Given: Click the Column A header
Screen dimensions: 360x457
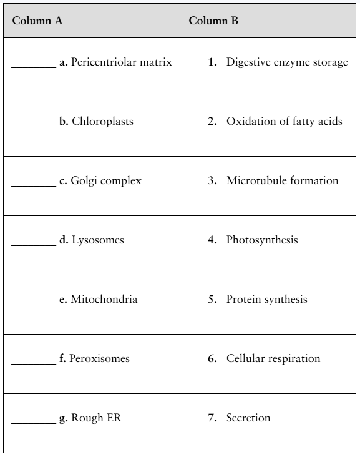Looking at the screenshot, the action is (37, 21).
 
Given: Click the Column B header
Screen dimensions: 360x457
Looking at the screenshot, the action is (213, 21).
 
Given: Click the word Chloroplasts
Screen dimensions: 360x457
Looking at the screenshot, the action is (102, 121).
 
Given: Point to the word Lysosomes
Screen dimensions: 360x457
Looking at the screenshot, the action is (98, 240).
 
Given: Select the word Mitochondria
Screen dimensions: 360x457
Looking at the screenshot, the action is (104, 299).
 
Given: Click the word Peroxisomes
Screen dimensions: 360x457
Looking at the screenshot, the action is (99, 358).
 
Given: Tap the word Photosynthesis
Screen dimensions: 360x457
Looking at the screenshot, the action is (262, 240).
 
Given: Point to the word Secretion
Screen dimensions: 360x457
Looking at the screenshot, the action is (248, 418).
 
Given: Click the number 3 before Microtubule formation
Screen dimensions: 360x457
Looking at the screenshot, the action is (212, 180).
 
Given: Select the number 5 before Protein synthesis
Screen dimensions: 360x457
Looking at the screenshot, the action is (212, 299).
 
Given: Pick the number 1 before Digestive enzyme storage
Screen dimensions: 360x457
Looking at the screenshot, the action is (212, 62).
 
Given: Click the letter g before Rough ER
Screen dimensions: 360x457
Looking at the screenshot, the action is (63, 418).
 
